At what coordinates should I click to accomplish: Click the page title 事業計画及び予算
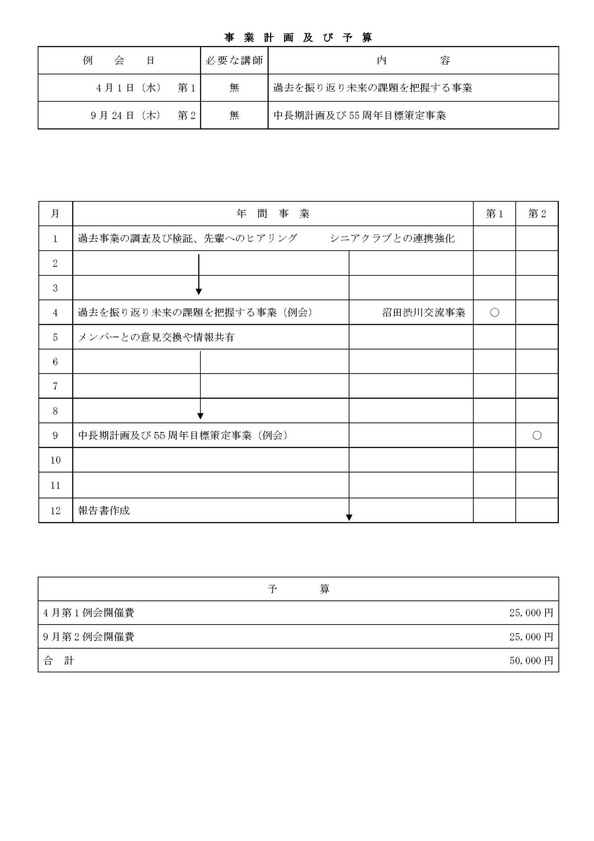(298, 38)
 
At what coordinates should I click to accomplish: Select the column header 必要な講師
(234, 61)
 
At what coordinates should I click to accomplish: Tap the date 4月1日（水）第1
(146, 88)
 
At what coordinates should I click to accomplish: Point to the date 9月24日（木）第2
(143, 115)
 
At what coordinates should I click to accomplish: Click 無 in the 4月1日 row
(234, 88)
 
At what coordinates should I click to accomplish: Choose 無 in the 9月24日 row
(234, 115)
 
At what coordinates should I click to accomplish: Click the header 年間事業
(273, 214)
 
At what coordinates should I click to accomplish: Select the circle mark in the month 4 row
(494, 312)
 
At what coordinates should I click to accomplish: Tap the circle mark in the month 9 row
(537, 436)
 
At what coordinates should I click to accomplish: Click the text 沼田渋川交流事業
(423, 312)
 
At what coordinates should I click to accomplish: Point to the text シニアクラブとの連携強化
(392, 238)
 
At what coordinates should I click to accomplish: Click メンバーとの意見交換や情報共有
(156, 337)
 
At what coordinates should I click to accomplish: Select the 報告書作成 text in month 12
(104, 510)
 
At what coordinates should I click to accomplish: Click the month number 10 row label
(55, 460)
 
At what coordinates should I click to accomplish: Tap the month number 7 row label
(55, 386)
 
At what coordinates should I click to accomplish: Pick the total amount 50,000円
(531, 661)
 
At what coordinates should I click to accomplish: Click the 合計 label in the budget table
(59, 661)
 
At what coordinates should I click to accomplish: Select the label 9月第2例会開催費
(88, 637)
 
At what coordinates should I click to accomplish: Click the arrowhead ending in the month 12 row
(349, 518)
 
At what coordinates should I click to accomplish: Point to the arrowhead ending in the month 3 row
(199, 292)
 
